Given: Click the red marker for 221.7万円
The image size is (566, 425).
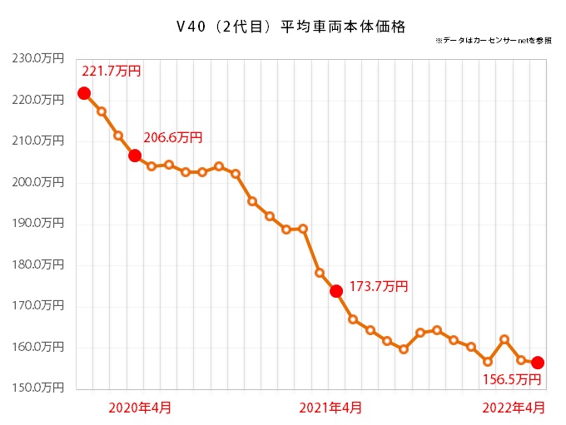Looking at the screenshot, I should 84,93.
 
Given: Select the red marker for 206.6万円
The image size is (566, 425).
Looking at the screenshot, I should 134,156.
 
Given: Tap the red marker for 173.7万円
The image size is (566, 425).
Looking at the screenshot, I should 336,291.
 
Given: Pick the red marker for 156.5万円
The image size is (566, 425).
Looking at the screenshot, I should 538,363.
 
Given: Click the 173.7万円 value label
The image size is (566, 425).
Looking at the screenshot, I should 379,286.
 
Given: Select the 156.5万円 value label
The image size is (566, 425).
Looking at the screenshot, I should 512,379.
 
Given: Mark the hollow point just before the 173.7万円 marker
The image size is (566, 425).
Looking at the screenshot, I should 320,273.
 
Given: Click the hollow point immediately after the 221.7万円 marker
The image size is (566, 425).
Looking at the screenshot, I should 101,111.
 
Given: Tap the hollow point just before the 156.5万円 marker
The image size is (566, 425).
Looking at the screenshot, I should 521,360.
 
